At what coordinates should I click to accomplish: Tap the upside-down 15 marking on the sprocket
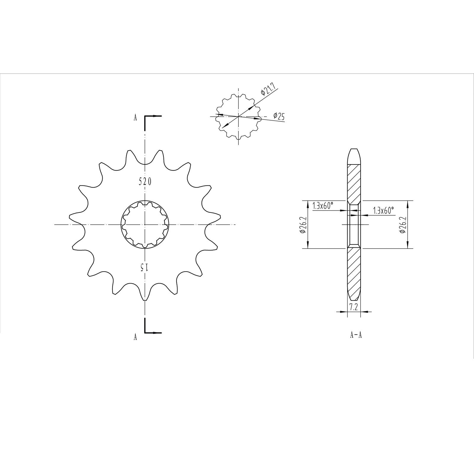pos(144,268)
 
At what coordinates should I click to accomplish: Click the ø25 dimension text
pos(279,116)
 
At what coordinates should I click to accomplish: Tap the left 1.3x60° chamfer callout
pos(323,205)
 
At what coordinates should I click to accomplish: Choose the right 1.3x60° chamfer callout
pos(384,211)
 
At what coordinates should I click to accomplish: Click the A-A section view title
pos(356,335)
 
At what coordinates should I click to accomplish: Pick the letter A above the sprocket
pos(135,118)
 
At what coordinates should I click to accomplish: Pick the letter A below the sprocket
pos(135,337)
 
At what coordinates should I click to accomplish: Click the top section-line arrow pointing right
pos(157,116)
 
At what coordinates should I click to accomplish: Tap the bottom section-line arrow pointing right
pos(157,333)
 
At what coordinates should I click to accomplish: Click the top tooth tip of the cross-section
pos(354,151)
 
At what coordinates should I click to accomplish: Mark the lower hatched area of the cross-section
pos(354,267)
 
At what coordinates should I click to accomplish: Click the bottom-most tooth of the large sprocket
pos(145,298)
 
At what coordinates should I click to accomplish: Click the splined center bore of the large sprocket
pos(145,224)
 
